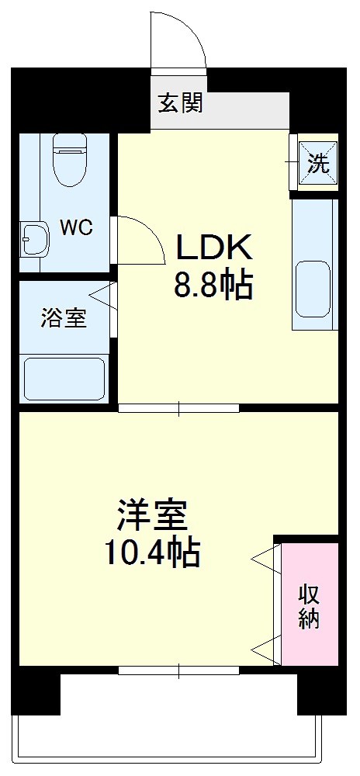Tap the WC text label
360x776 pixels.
[77, 228]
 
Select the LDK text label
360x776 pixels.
[213, 248]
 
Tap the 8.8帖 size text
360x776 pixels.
[213, 286]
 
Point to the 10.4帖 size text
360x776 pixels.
[152, 553]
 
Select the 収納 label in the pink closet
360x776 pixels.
[310, 606]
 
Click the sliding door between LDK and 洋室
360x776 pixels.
[178, 407]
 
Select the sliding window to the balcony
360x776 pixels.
[178, 670]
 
